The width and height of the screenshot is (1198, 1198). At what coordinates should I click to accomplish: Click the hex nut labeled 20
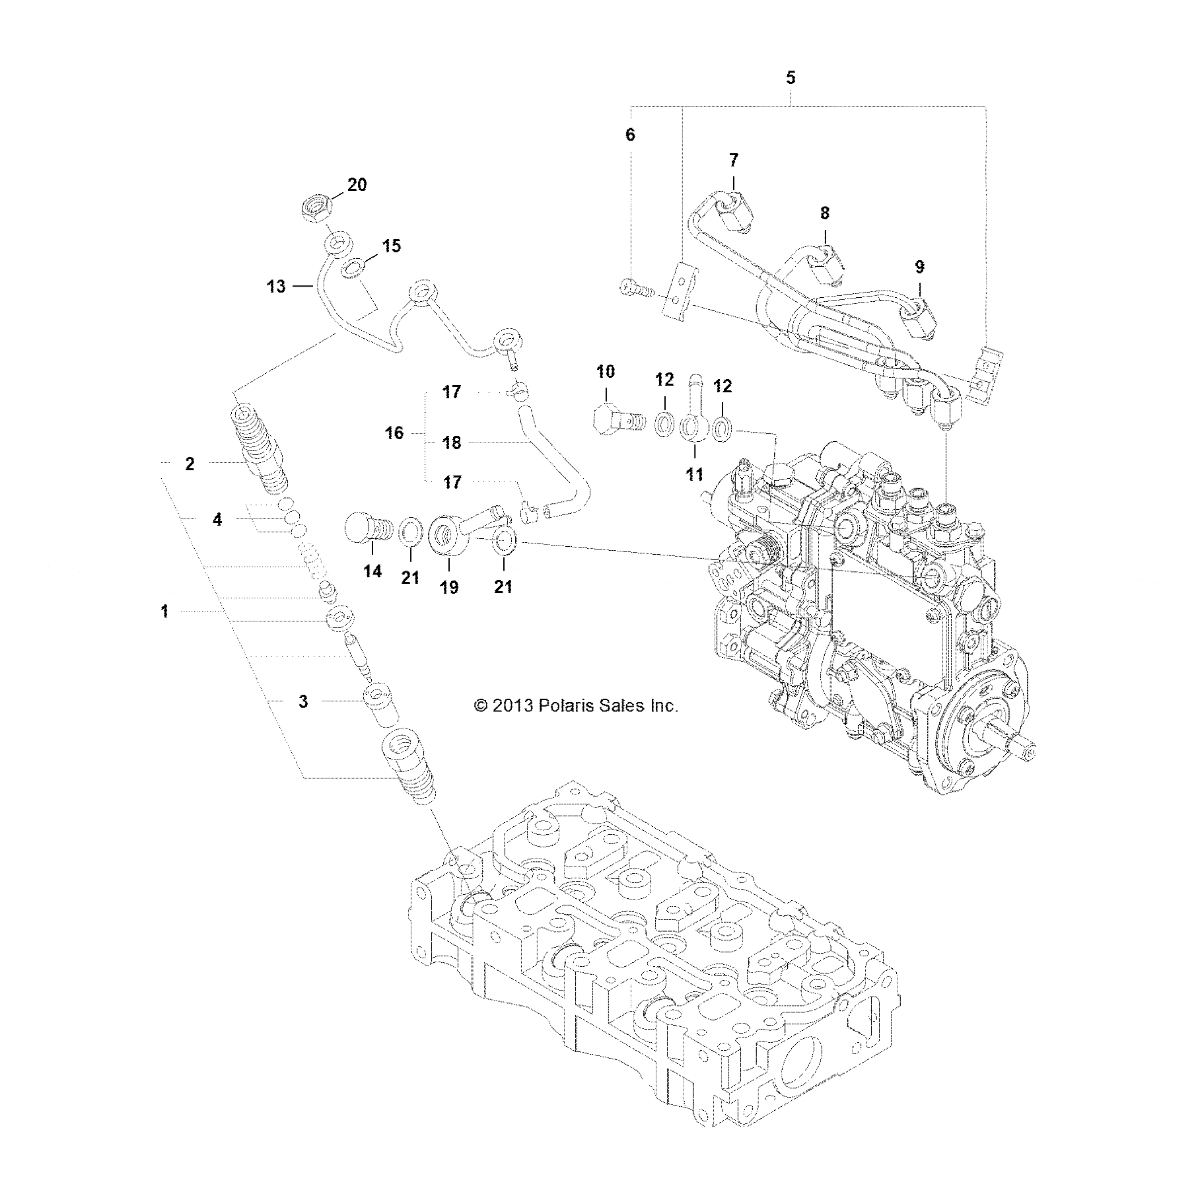(316, 210)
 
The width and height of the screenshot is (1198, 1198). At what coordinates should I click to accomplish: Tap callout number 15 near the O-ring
(391, 246)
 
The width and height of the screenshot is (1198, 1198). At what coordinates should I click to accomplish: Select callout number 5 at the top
(791, 78)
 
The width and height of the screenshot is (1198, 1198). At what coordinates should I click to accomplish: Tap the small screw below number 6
(635, 289)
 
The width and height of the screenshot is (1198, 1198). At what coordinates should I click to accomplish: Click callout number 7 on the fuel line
(734, 160)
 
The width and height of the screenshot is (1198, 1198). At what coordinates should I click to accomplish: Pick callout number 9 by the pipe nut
(919, 267)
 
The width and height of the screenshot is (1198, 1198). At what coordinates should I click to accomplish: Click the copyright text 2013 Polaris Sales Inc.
(576, 706)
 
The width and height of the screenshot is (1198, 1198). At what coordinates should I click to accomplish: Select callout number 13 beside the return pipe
(276, 286)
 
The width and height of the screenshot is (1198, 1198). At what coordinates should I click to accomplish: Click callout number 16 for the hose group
(394, 434)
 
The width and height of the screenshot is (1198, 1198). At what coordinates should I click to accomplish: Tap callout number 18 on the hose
(452, 442)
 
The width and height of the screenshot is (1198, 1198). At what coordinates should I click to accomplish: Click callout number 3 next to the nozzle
(303, 701)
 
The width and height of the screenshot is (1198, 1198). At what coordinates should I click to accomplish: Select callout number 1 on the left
(164, 612)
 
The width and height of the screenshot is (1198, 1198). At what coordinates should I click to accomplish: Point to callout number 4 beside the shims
(217, 520)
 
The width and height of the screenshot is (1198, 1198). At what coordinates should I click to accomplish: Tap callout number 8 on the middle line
(825, 213)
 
